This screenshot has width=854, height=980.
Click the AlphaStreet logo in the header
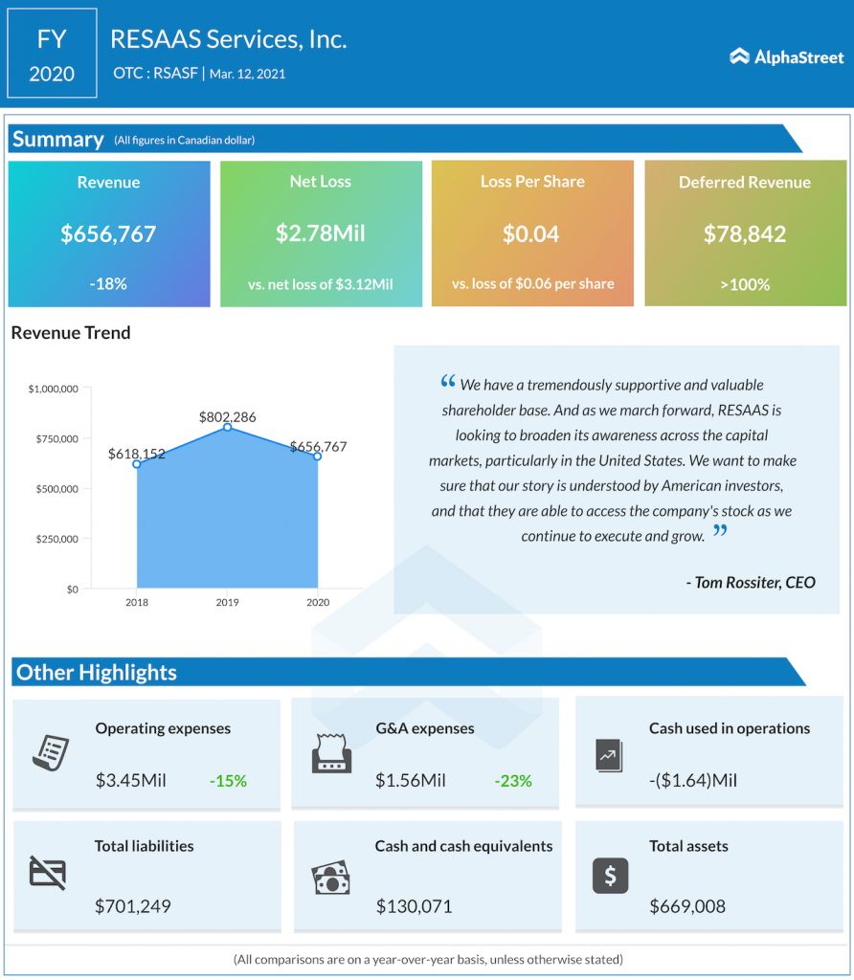point(786,57)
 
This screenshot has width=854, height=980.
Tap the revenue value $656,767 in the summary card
point(108,234)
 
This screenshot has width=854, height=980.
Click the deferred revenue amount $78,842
point(745,234)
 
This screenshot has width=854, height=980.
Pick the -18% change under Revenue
point(108,284)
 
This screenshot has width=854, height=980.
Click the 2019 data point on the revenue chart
point(227,427)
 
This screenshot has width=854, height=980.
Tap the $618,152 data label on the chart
point(137,453)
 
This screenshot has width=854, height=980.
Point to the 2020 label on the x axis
point(317,603)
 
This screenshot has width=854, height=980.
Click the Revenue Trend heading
point(71,333)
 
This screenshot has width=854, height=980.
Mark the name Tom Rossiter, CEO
point(751,582)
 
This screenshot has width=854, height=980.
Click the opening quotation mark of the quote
point(447,383)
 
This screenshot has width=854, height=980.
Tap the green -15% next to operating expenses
point(228,781)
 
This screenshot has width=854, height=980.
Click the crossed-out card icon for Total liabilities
point(48,873)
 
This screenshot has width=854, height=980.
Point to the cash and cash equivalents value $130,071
point(414,906)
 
